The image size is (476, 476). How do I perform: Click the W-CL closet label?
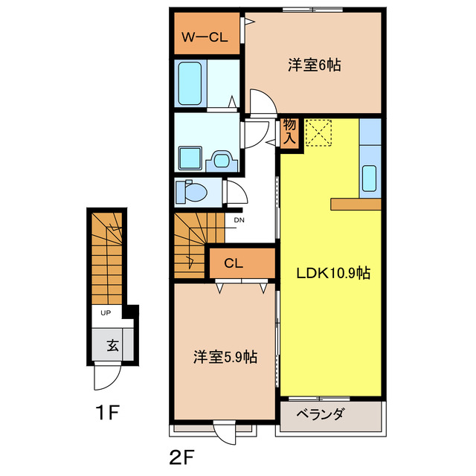(207, 36)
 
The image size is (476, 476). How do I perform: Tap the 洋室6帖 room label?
(314, 65)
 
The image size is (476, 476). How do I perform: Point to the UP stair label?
(106, 313)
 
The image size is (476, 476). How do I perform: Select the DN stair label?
(239, 220)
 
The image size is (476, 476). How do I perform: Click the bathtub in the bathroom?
(192, 82)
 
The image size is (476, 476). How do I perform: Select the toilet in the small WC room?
(193, 193)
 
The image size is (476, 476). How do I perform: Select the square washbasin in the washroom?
(188, 158)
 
